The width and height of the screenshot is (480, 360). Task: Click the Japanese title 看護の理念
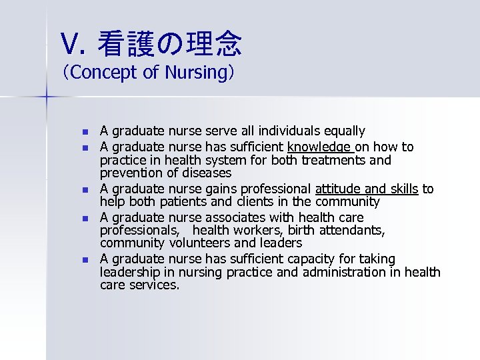coord(169,44)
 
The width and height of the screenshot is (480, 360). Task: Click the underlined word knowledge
coord(319,147)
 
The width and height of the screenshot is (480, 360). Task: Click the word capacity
coord(307,259)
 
